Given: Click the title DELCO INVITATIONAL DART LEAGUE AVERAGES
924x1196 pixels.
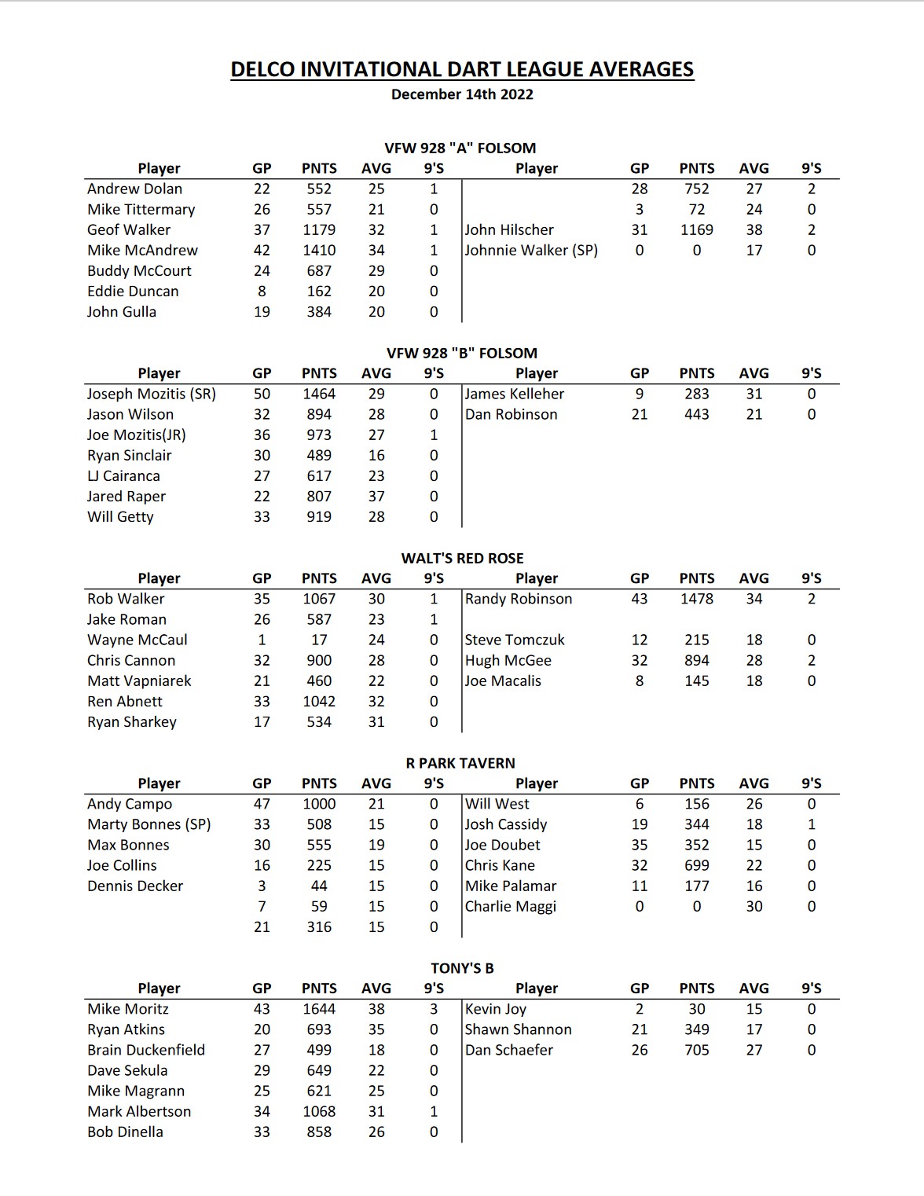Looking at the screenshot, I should tap(462, 70).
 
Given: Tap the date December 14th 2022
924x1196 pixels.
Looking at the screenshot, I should tap(462, 94).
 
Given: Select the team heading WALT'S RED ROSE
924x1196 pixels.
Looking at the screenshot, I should tap(462, 558).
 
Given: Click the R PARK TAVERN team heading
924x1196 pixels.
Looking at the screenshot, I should tap(460, 763).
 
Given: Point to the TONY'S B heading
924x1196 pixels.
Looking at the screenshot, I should tap(462, 968).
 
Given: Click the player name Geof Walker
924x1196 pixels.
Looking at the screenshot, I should tap(129, 229).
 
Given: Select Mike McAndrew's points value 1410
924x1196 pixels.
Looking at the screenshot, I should tap(319, 250).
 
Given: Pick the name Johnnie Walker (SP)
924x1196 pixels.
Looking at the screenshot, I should tap(531, 250).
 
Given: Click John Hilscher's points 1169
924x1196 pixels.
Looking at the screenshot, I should tap(697, 229).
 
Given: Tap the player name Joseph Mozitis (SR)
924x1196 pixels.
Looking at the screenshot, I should tap(152, 394).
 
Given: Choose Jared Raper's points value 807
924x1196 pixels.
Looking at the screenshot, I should tap(319, 496).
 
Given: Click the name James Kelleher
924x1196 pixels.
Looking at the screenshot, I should tap(515, 394).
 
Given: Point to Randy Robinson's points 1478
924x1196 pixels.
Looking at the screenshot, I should tap(697, 599).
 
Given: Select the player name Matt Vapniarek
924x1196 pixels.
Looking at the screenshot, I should tap(139, 681).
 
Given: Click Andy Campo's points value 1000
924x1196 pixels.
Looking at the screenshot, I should tap(319, 804).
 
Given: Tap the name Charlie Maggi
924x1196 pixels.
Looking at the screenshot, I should tap(511, 906).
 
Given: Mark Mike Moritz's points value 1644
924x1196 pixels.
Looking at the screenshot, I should tap(319, 1009).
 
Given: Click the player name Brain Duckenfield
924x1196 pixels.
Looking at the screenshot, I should tap(146, 1050).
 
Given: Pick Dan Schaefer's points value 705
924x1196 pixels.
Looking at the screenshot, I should tap(697, 1050).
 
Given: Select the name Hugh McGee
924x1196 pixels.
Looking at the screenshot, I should tap(508, 660).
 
